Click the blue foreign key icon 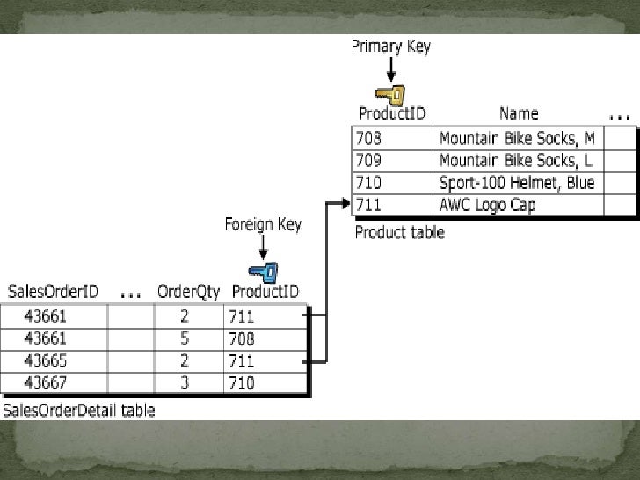pyautogui.click(x=262, y=272)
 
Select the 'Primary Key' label pyautogui.click(x=391, y=47)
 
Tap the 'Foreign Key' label pyautogui.click(x=263, y=224)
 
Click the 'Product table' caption pyautogui.click(x=399, y=233)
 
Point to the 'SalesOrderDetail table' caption pyautogui.click(x=79, y=411)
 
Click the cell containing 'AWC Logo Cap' pyautogui.click(x=486, y=206)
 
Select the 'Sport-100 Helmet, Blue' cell pyautogui.click(x=516, y=183)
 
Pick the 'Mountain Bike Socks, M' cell pyautogui.click(x=516, y=138)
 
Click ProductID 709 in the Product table pyautogui.click(x=369, y=161)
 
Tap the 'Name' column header pyautogui.click(x=519, y=113)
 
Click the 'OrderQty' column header pyautogui.click(x=188, y=292)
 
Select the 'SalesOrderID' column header pyautogui.click(x=52, y=292)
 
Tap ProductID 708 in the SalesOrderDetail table pyautogui.click(x=242, y=338)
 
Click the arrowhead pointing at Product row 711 pyautogui.click(x=345, y=204)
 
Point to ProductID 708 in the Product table pyautogui.click(x=369, y=138)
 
